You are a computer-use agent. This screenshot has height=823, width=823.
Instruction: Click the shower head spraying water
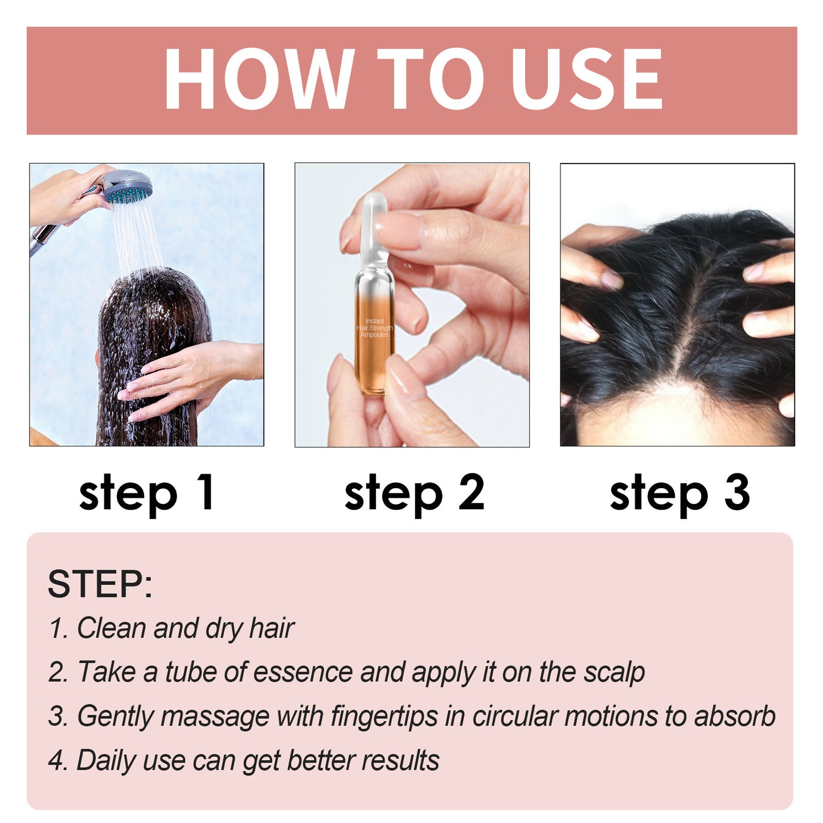point(128,188)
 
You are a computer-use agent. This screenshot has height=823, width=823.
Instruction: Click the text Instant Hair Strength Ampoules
point(375,328)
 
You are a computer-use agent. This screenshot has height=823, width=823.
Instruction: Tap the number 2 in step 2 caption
point(471,492)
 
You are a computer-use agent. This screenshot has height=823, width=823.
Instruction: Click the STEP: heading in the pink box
point(100,584)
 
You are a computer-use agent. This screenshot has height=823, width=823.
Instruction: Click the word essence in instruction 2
point(302,672)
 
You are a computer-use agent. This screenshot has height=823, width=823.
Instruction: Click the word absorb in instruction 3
point(734,716)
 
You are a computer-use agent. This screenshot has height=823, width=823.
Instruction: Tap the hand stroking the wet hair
point(188,376)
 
